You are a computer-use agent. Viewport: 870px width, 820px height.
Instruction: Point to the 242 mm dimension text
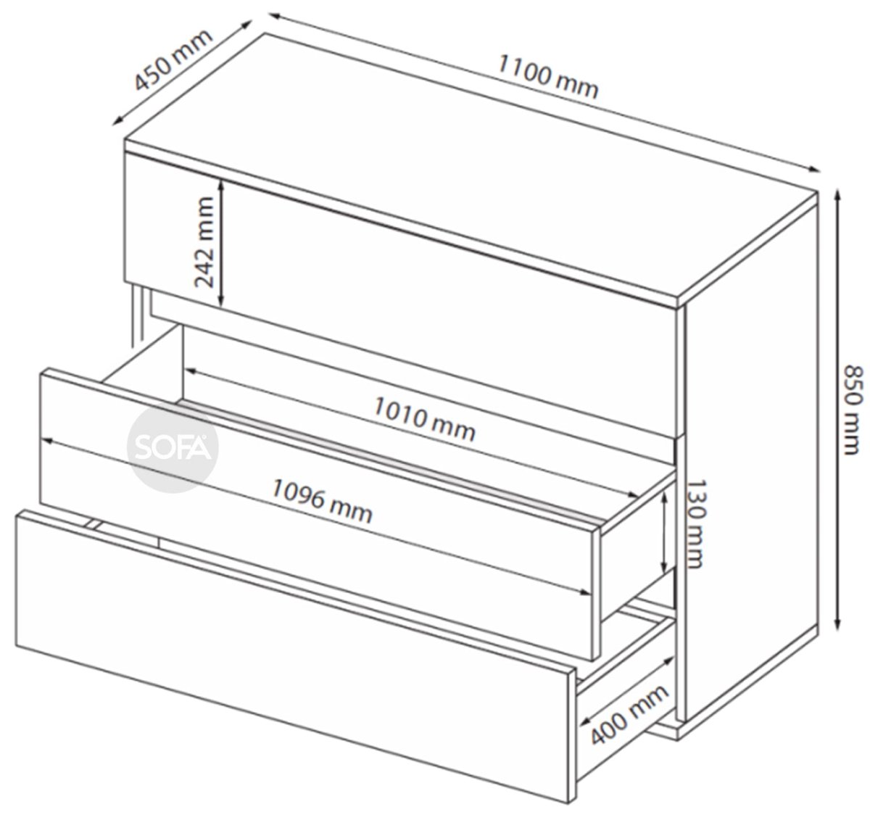point(204,242)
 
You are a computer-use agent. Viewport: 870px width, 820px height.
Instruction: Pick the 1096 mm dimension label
point(322,500)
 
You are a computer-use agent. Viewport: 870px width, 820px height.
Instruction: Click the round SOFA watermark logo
point(172,447)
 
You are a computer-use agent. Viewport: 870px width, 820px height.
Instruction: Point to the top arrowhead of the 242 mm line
point(221,184)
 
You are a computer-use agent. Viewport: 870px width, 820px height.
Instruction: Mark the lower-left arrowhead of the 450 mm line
point(118,121)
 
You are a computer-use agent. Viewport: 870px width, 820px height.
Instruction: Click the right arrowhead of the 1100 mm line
point(813,170)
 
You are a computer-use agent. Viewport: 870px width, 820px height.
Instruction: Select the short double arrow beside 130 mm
point(666,531)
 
